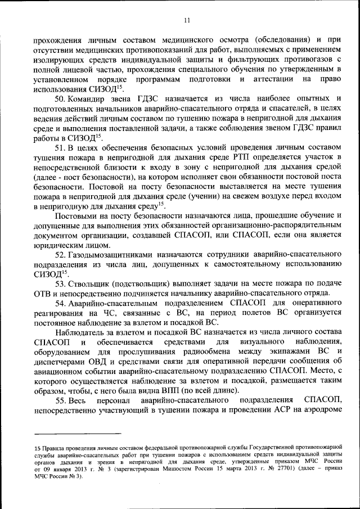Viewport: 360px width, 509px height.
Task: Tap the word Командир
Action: tap(90, 98)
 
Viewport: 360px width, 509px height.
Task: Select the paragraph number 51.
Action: tap(61, 148)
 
